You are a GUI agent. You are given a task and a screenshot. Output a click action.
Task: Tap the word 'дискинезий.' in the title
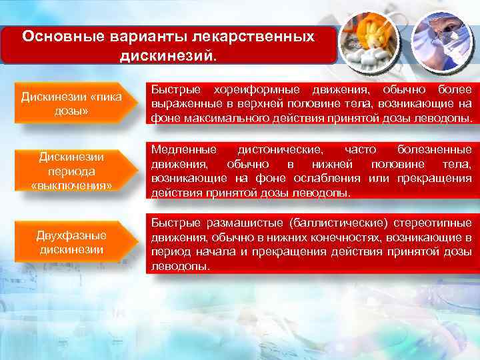(168, 53)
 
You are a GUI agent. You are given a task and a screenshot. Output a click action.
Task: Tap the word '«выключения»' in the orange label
(71, 184)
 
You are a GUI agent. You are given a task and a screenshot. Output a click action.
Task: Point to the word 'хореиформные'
(251, 89)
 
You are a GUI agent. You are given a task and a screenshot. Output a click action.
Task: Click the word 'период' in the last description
(169, 252)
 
